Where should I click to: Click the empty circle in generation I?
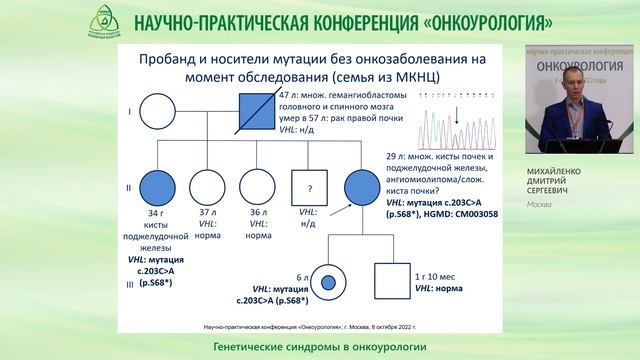[158, 107]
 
